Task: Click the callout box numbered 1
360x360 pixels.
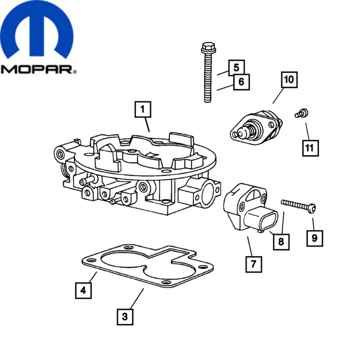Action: [143, 109]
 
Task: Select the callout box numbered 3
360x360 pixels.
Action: [125, 317]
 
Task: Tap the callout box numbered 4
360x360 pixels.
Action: [83, 290]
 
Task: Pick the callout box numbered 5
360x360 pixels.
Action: [236, 68]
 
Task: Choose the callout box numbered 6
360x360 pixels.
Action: [242, 82]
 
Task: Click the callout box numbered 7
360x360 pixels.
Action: [254, 264]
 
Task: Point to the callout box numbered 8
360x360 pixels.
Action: [281, 242]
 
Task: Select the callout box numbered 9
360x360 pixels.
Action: [315, 239]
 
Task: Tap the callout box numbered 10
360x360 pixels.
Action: [289, 80]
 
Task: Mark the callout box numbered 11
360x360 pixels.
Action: [310, 148]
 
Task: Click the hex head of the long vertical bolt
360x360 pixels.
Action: [208, 47]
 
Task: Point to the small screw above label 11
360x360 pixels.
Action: [301, 113]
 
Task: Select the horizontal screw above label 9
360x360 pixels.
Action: [298, 206]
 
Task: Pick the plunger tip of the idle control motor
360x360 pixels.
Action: [241, 133]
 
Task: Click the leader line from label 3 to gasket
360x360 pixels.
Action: [137, 299]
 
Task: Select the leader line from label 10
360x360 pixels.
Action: [278, 96]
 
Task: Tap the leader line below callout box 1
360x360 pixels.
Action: [147, 125]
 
